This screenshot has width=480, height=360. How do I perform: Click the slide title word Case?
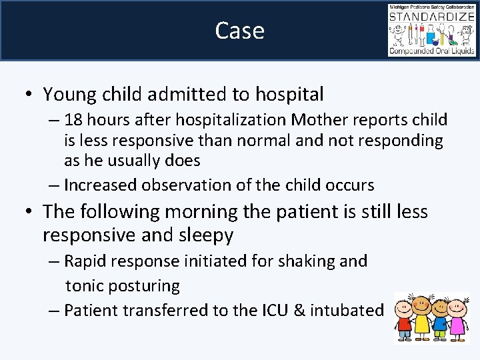pyautogui.click(x=239, y=31)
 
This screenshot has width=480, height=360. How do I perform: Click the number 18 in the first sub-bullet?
pyautogui.click(x=75, y=120)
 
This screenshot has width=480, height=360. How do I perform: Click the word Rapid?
pyautogui.click(x=86, y=261)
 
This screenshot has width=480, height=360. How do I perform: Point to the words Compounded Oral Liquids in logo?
pyautogui.click(x=431, y=50)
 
